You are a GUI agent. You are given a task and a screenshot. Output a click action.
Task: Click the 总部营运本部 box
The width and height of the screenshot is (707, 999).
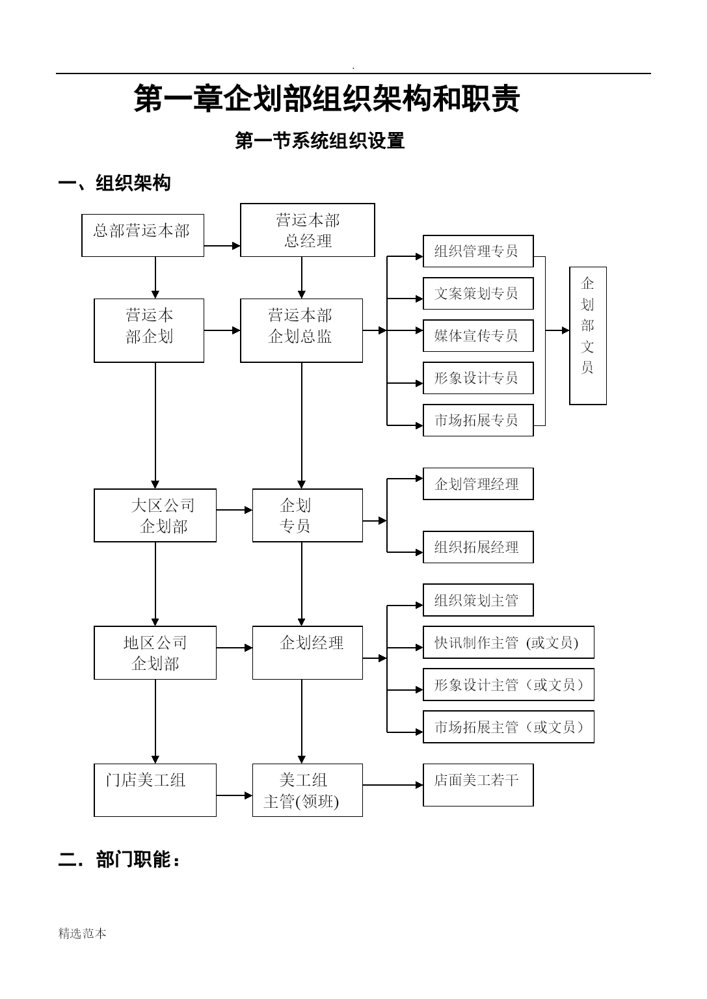[x=142, y=235]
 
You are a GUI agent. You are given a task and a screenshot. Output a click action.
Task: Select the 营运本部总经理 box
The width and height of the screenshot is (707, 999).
[x=308, y=230]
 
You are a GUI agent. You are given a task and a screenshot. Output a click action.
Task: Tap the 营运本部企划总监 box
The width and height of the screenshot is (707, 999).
[x=301, y=330]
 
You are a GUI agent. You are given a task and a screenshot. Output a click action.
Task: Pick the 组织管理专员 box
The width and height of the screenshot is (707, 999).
[x=478, y=251]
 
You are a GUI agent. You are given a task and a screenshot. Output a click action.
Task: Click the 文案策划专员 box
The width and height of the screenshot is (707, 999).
[x=478, y=293]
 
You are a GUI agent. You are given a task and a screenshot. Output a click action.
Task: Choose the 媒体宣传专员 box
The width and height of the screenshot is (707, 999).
[x=478, y=336]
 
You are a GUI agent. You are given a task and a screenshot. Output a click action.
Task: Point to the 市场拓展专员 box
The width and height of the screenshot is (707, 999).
[x=478, y=420]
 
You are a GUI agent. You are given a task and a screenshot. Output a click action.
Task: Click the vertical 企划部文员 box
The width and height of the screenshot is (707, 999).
[x=588, y=336]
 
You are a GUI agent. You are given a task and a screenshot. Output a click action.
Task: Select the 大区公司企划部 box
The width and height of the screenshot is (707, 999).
[x=155, y=515]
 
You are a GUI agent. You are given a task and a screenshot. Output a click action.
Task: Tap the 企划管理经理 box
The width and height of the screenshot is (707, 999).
[x=478, y=483]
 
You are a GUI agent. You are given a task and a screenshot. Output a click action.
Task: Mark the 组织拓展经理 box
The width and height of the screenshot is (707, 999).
[x=478, y=547]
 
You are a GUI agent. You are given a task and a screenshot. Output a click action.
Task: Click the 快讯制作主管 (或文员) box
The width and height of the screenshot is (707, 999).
[x=509, y=642]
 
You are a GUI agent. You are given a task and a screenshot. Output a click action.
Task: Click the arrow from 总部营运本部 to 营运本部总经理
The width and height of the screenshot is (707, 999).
[x=222, y=245]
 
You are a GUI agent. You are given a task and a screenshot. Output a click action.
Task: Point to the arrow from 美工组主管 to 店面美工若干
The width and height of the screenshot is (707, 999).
[x=393, y=785]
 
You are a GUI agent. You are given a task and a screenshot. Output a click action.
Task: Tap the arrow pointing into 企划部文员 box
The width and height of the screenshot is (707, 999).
[x=557, y=330]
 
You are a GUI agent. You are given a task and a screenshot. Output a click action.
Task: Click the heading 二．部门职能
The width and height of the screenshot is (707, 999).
[x=119, y=859]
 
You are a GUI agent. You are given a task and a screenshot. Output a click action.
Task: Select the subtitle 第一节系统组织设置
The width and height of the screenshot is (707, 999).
[x=320, y=140]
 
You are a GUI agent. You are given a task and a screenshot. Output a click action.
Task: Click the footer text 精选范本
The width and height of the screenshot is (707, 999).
[x=82, y=933]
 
